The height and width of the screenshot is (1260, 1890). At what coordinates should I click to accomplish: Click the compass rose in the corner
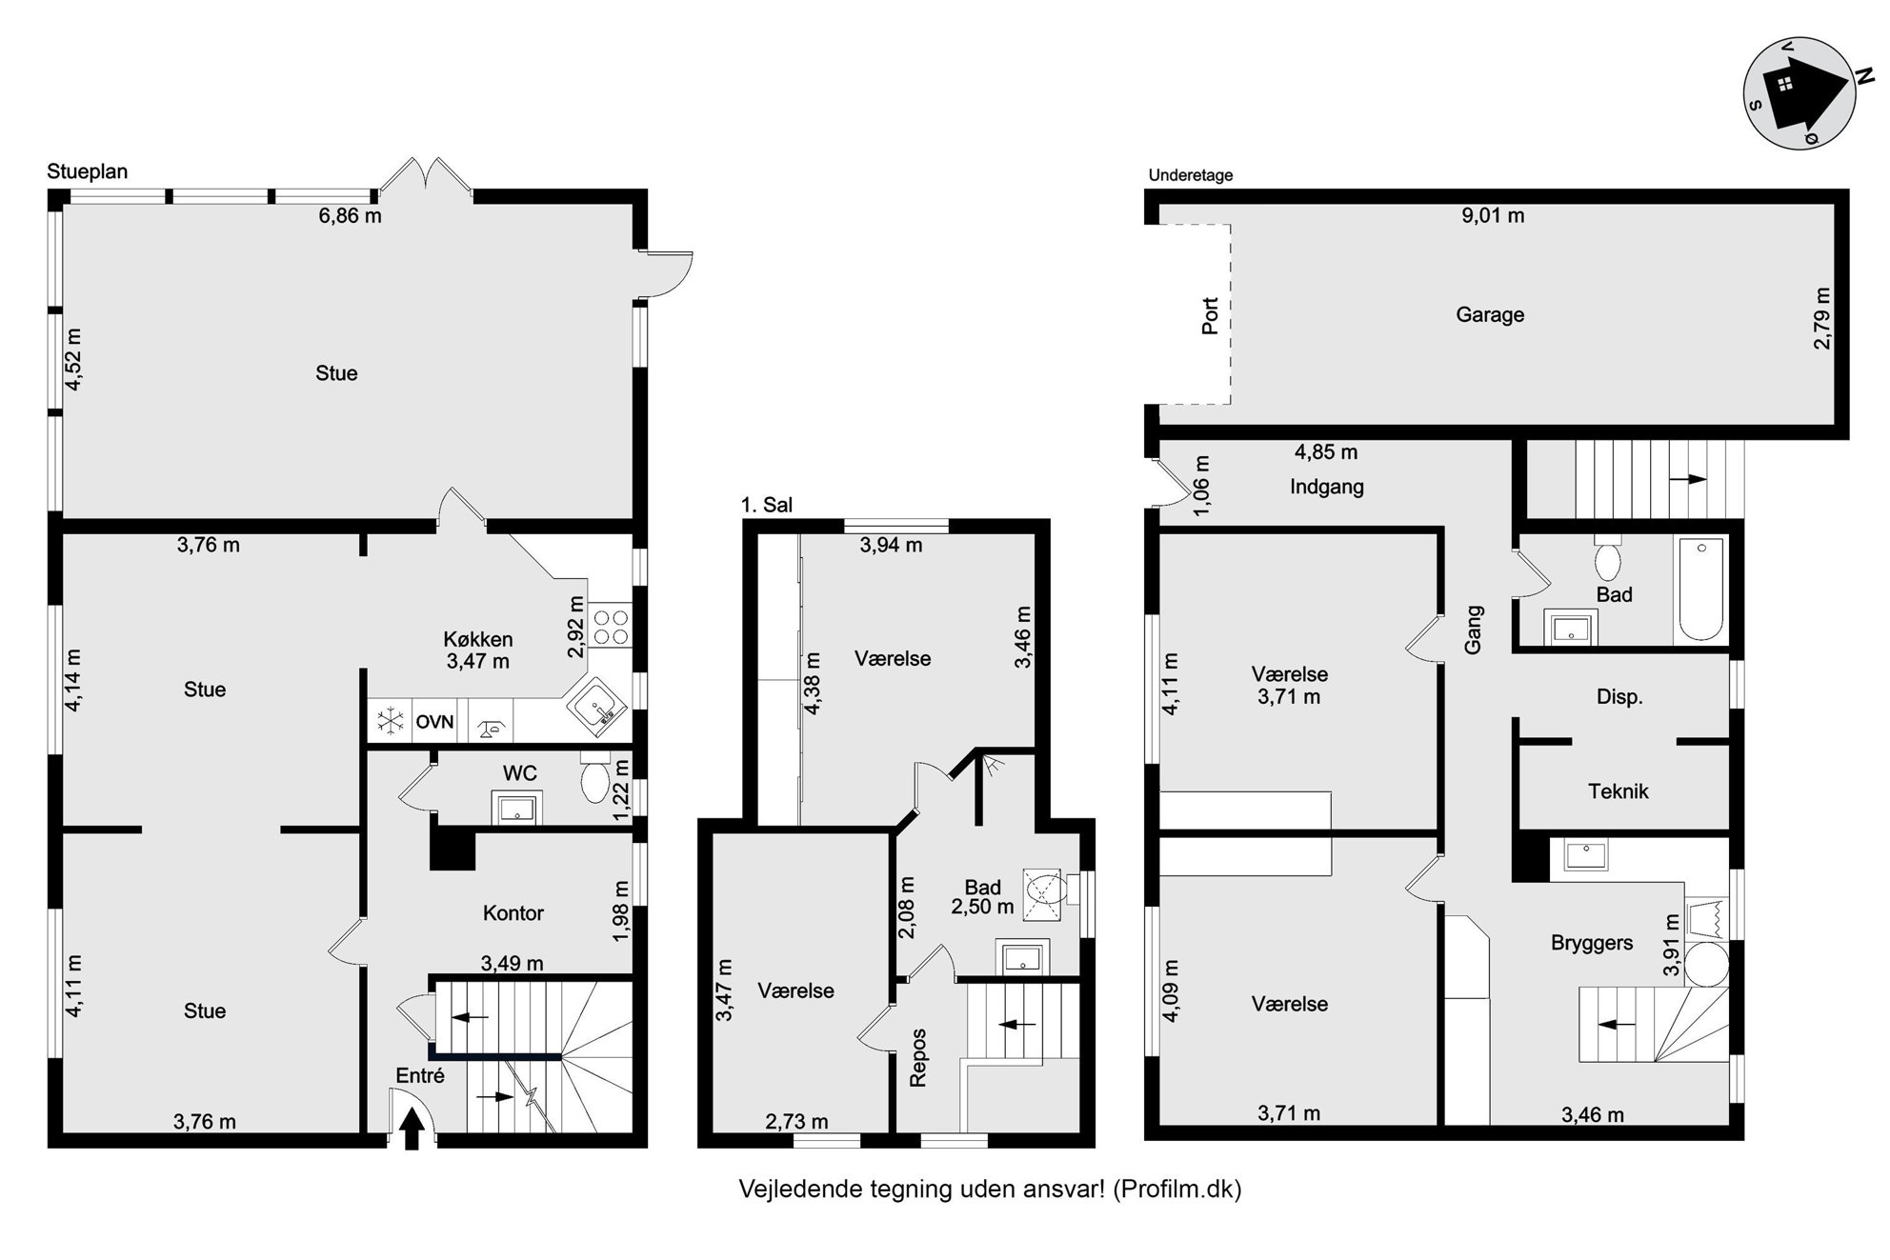tap(1800, 92)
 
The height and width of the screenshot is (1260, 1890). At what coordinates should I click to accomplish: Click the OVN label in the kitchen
tap(434, 722)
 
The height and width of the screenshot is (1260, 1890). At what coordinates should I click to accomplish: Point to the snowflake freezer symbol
tap(390, 721)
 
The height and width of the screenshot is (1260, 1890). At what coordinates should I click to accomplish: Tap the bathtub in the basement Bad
tap(1700, 590)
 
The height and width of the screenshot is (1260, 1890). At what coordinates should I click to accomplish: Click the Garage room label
tap(1490, 314)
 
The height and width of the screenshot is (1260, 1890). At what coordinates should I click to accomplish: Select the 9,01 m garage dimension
tap(1493, 215)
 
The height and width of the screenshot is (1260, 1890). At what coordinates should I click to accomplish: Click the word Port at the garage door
tap(1210, 316)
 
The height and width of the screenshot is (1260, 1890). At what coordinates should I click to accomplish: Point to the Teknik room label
tap(1618, 790)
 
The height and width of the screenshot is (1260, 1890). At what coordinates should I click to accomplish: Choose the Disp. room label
tap(1619, 697)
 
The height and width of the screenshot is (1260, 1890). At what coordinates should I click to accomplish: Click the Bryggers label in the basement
tap(1592, 943)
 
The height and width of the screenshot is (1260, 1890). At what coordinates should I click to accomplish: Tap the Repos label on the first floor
tap(918, 1057)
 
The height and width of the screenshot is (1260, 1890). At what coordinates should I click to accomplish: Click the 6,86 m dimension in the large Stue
tap(350, 215)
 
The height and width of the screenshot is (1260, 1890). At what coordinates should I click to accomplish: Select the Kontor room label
tap(513, 913)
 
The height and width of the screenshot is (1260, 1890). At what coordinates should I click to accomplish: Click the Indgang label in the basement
tap(1327, 487)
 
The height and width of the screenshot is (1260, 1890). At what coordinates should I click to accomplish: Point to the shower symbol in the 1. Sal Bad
tap(1045, 893)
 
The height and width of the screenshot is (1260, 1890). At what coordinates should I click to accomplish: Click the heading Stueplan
tap(87, 171)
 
